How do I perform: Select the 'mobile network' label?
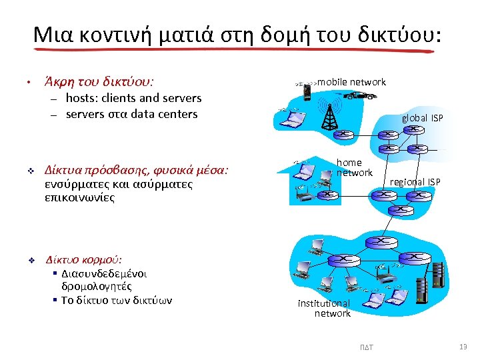coord(351,82)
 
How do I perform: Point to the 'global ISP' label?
coord(422,118)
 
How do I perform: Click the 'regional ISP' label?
coord(415,182)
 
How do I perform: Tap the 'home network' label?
coord(353,167)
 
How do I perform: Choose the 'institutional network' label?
coord(325,308)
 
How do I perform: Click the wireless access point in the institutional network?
coord(383,273)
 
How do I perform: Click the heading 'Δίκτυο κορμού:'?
coord(83,259)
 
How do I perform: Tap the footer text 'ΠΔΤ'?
coord(367,347)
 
